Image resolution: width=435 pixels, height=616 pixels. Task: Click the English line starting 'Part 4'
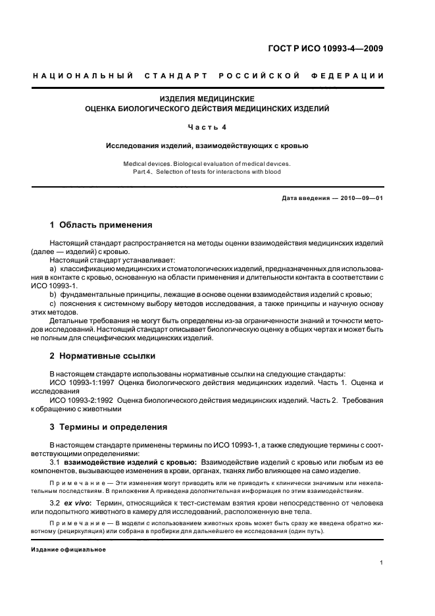coord(203,172)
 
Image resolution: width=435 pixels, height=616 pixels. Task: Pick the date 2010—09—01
coord(361,198)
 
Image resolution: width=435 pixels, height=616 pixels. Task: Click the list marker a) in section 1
coord(54,270)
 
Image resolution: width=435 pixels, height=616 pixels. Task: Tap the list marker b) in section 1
coord(54,294)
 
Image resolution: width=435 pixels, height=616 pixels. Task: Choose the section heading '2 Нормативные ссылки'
coord(103,355)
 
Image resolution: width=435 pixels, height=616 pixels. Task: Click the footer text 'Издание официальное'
coord(68,549)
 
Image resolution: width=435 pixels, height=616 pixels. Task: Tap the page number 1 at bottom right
coord(382,563)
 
